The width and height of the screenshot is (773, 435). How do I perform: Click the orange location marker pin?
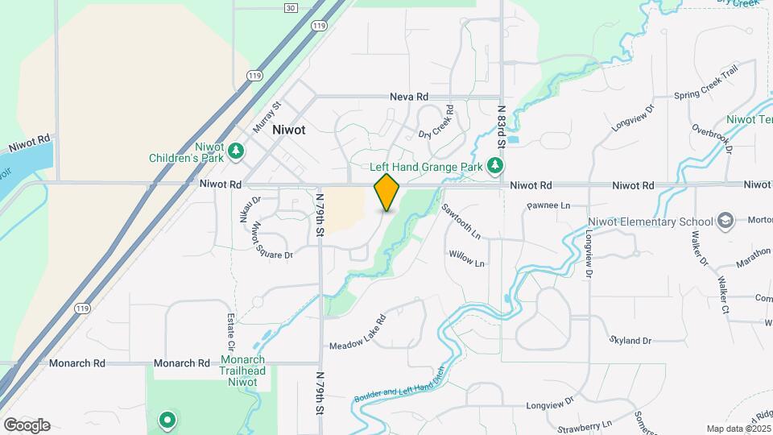click(387, 192)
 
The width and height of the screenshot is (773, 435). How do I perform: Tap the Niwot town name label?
click(288, 130)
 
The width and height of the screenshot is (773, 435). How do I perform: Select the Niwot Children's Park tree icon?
click(236, 150)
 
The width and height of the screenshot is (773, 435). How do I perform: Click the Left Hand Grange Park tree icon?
click(495, 167)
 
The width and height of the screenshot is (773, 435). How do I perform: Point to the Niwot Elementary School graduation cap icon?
click(725, 222)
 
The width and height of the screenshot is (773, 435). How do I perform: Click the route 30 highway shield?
click(291, 7)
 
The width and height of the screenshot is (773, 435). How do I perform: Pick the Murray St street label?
click(267, 117)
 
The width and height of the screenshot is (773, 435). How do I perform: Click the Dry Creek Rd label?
click(436, 122)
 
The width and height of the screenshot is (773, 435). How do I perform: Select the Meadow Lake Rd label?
click(358, 333)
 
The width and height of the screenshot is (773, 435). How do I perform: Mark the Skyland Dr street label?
click(630, 341)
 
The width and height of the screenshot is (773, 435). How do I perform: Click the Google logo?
click(27, 425)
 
